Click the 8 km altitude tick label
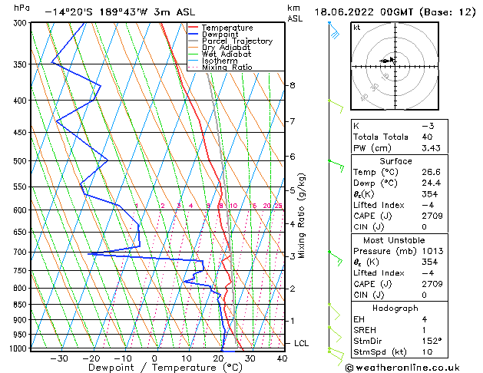click(x=292, y=85)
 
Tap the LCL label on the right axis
click(x=301, y=343)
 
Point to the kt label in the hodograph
click(x=357, y=28)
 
